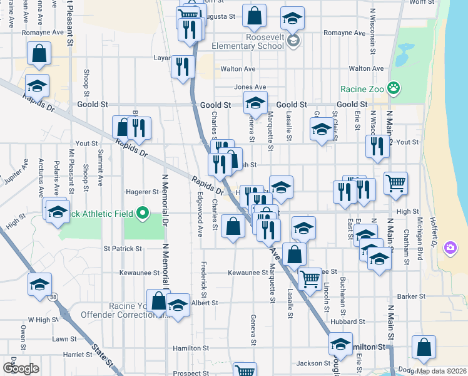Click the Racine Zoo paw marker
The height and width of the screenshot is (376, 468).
[x=394, y=88]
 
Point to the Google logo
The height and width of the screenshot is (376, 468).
[x=21, y=368]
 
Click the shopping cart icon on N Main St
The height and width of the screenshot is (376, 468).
[x=395, y=184]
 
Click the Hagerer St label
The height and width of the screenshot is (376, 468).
[x=143, y=192]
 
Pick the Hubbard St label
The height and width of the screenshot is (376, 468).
[x=343, y=321]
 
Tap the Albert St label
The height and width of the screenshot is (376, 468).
[x=205, y=303]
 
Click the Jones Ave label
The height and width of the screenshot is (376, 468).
[x=250, y=87]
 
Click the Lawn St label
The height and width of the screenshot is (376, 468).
[x=64, y=338]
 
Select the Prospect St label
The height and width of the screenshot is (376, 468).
[x=186, y=373]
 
